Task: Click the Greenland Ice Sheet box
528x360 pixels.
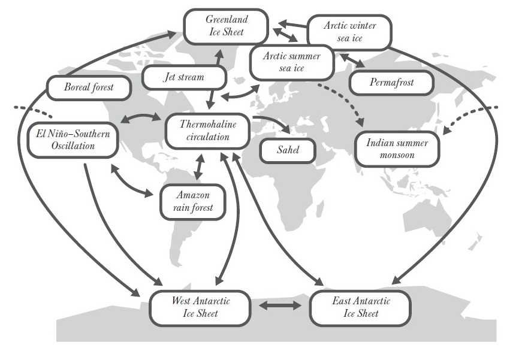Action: click(x=226, y=26)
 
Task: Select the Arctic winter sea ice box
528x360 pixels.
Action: click(x=349, y=32)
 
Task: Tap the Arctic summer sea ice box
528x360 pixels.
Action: click(x=292, y=62)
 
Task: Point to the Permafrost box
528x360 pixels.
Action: click(x=391, y=82)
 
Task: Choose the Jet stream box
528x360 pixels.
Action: click(x=183, y=77)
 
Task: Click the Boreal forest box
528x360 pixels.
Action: click(x=88, y=87)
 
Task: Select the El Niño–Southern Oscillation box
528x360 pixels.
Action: click(x=73, y=140)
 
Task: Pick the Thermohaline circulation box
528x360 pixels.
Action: click(x=208, y=131)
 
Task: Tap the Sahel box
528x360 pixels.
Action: click(x=288, y=150)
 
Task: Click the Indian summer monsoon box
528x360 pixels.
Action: click(x=397, y=149)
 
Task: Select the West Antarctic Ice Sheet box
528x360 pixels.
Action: click(x=200, y=307)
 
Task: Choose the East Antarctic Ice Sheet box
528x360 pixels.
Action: click(x=360, y=307)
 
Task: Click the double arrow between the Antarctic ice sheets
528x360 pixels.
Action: click(x=280, y=306)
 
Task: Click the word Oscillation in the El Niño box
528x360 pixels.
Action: click(x=73, y=146)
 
